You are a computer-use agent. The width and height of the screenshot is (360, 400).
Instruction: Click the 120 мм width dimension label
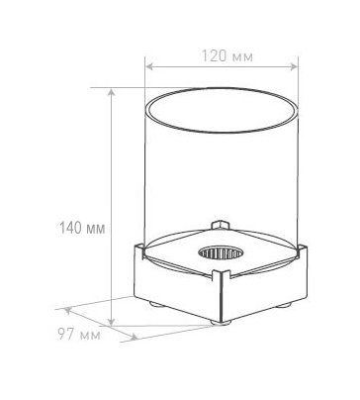point(227,56)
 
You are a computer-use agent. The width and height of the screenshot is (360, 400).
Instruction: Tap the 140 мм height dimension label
point(82,228)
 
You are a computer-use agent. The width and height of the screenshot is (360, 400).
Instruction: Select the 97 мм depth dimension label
point(79,335)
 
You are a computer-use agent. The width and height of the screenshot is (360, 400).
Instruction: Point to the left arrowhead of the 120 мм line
point(149,66)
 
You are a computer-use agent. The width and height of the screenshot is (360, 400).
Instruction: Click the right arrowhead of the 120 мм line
point(294,66)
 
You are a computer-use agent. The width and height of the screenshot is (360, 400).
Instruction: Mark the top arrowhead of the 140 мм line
point(112,92)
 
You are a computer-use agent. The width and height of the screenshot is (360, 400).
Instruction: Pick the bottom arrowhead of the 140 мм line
point(112,322)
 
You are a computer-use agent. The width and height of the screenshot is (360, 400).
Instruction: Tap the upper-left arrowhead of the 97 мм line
point(67,310)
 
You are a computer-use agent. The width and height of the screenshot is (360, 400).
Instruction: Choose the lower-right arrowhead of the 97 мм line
point(134,338)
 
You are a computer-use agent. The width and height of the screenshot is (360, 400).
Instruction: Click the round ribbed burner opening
point(221,253)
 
